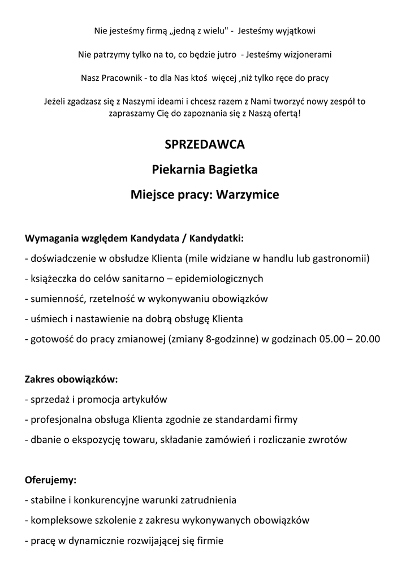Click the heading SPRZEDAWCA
[205, 145]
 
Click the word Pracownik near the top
[120, 77]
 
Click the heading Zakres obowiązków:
[71, 378]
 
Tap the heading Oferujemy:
[51, 480]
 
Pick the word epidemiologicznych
[219, 279]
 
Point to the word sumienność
[58, 299]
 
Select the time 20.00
[367, 339]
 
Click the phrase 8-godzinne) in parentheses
[231, 339]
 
